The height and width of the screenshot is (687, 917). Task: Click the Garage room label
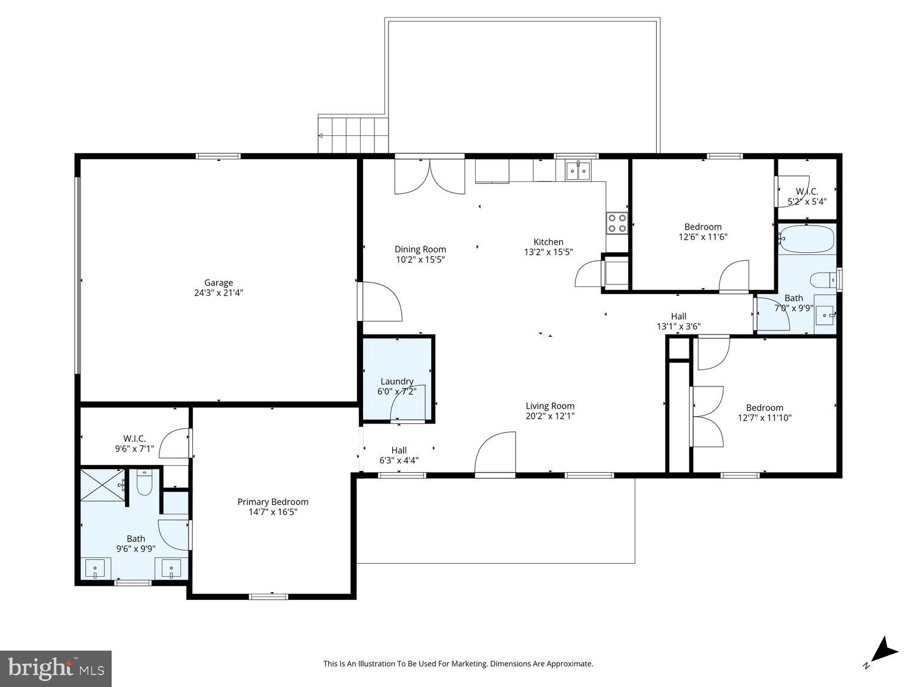219,283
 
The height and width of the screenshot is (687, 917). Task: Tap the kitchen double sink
577,171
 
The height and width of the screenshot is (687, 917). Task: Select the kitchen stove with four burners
617,223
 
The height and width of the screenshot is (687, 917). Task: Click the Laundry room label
396,382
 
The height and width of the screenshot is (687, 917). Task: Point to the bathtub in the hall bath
806,239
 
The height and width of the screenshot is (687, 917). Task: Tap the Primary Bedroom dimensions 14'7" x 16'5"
272,512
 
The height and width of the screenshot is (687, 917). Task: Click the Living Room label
550,406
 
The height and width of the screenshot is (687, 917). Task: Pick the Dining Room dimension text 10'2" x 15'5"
420,259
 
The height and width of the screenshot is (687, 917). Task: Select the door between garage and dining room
380,302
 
